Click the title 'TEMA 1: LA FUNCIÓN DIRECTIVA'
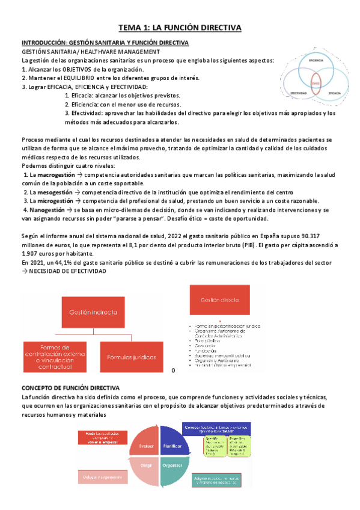(180, 28)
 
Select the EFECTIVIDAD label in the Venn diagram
(298, 93)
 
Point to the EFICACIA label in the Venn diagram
(334, 94)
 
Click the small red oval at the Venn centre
(316, 84)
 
